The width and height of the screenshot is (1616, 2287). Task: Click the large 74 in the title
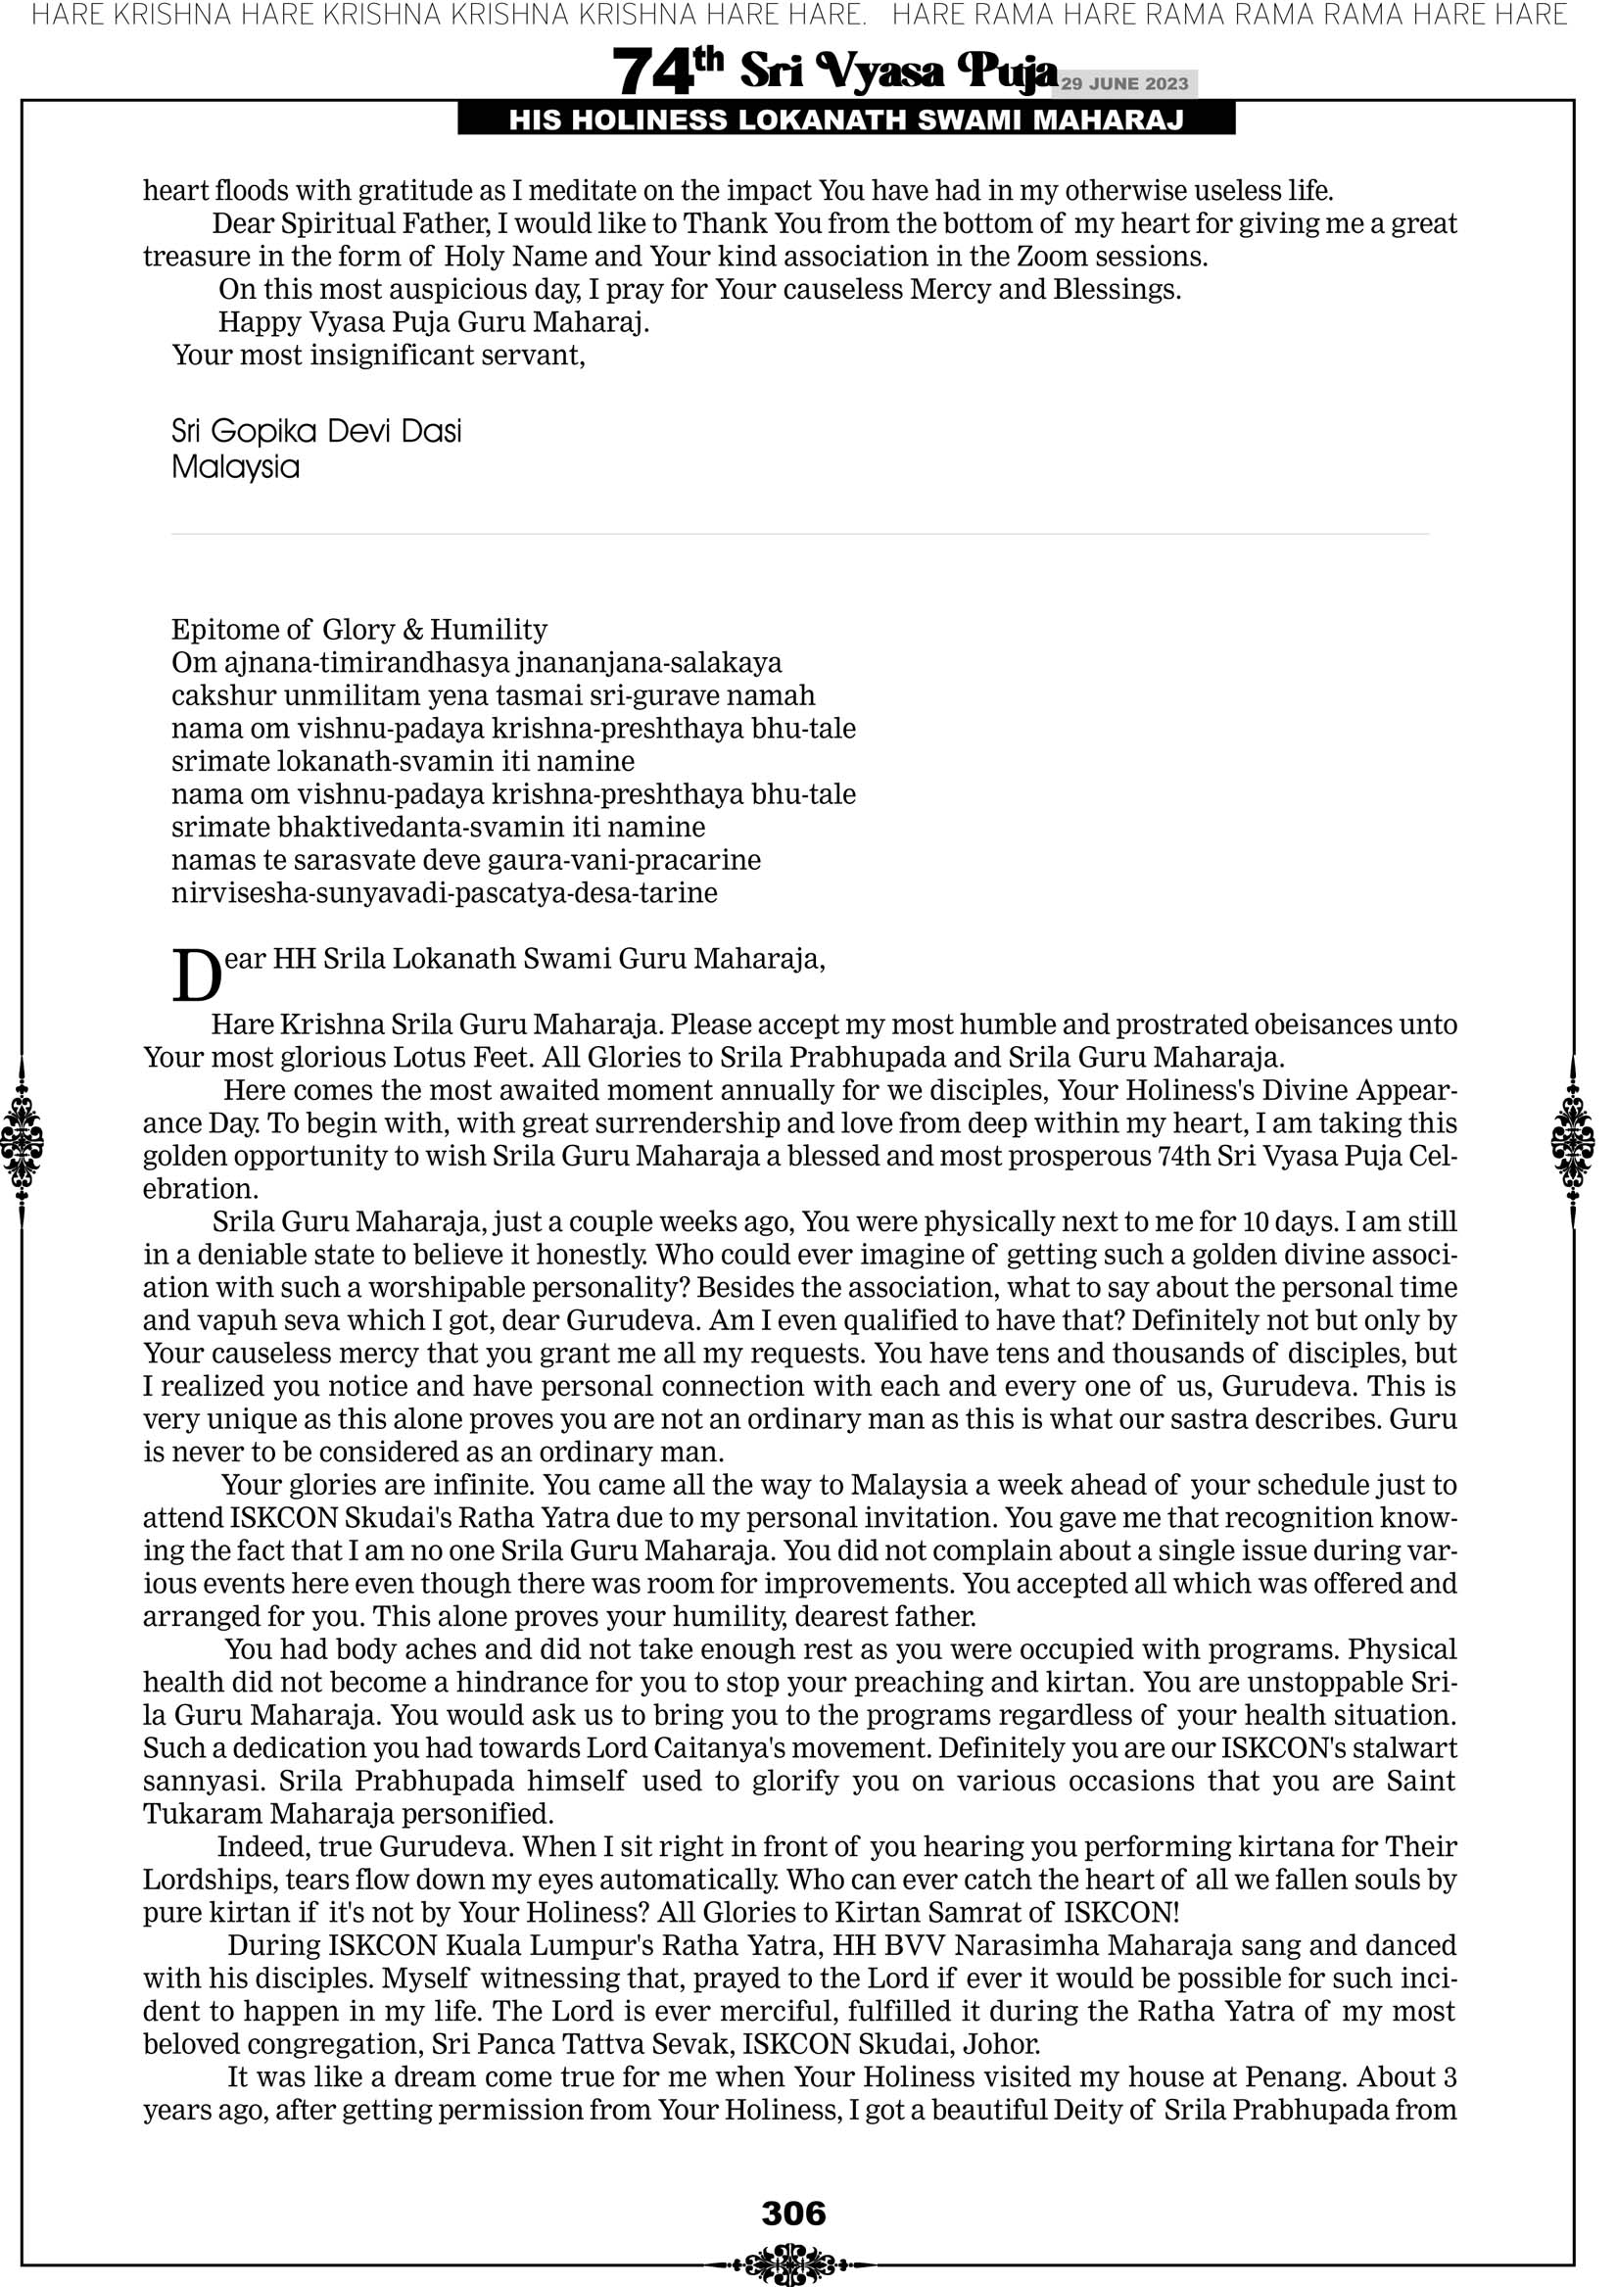(651, 72)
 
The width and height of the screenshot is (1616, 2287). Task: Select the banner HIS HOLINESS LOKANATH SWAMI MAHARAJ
(846, 120)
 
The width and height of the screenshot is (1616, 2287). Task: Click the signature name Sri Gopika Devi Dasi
(316, 431)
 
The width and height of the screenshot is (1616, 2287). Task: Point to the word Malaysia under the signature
(235, 467)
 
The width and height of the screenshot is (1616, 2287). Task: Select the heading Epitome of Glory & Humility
(358, 630)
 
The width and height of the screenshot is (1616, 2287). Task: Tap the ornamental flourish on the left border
(22, 1140)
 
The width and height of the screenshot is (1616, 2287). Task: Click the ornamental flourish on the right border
(1573, 1140)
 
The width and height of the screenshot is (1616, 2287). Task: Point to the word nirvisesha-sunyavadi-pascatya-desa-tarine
(445, 892)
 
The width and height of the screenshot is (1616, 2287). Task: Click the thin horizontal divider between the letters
(799, 534)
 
